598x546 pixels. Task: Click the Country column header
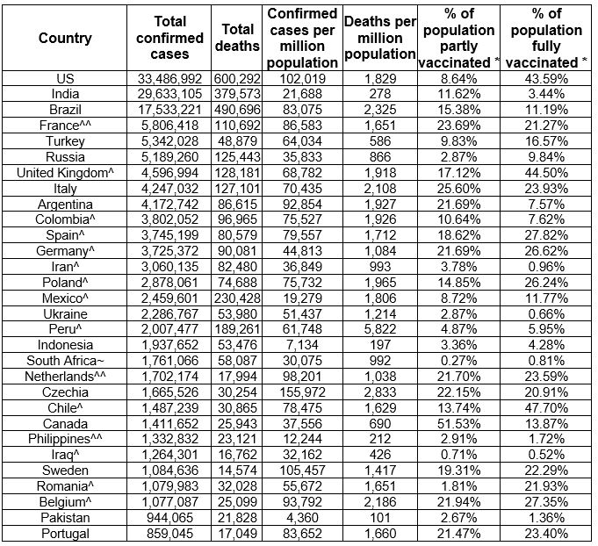pyautogui.click(x=65, y=39)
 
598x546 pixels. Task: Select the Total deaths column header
pyautogui.click(x=238, y=39)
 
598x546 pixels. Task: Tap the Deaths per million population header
pyautogui.click(x=380, y=39)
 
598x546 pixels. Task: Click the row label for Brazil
pyautogui.click(x=65, y=109)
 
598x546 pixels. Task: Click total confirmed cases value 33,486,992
pyautogui.click(x=170, y=78)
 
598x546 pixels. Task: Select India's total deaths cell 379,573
pyautogui.click(x=238, y=94)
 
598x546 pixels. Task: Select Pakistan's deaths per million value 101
pyautogui.click(x=380, y=516)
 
